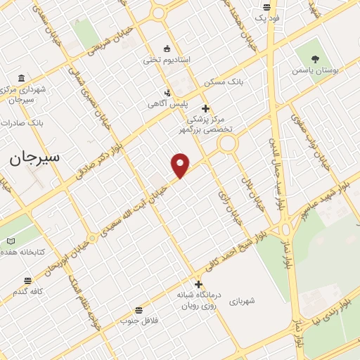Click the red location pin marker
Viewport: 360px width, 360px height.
(181, 165)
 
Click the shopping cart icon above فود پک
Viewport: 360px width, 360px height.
(266, 7)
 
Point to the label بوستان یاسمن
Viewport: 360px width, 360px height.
(314, 71)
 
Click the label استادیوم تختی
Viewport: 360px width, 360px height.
(167, 60)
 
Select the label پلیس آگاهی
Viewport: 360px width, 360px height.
(167, 103)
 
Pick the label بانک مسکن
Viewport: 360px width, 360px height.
(224, 82)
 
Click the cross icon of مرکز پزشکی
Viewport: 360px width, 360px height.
(205, 108)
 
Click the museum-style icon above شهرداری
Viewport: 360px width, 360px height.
(21, 77)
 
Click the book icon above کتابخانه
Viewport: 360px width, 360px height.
(11, 241)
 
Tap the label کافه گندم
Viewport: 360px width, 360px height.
(27, 291)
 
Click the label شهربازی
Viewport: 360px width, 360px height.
(241, 300)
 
